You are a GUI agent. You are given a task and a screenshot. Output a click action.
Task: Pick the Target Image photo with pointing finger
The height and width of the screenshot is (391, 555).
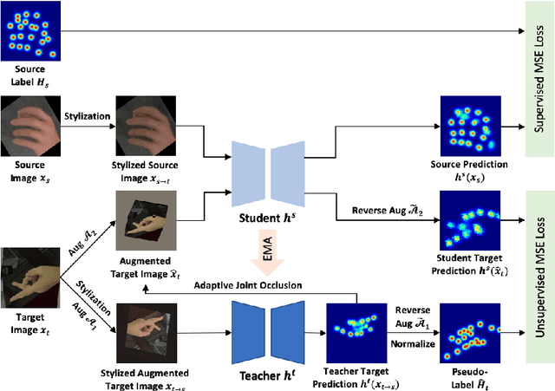tap(29, 277)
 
